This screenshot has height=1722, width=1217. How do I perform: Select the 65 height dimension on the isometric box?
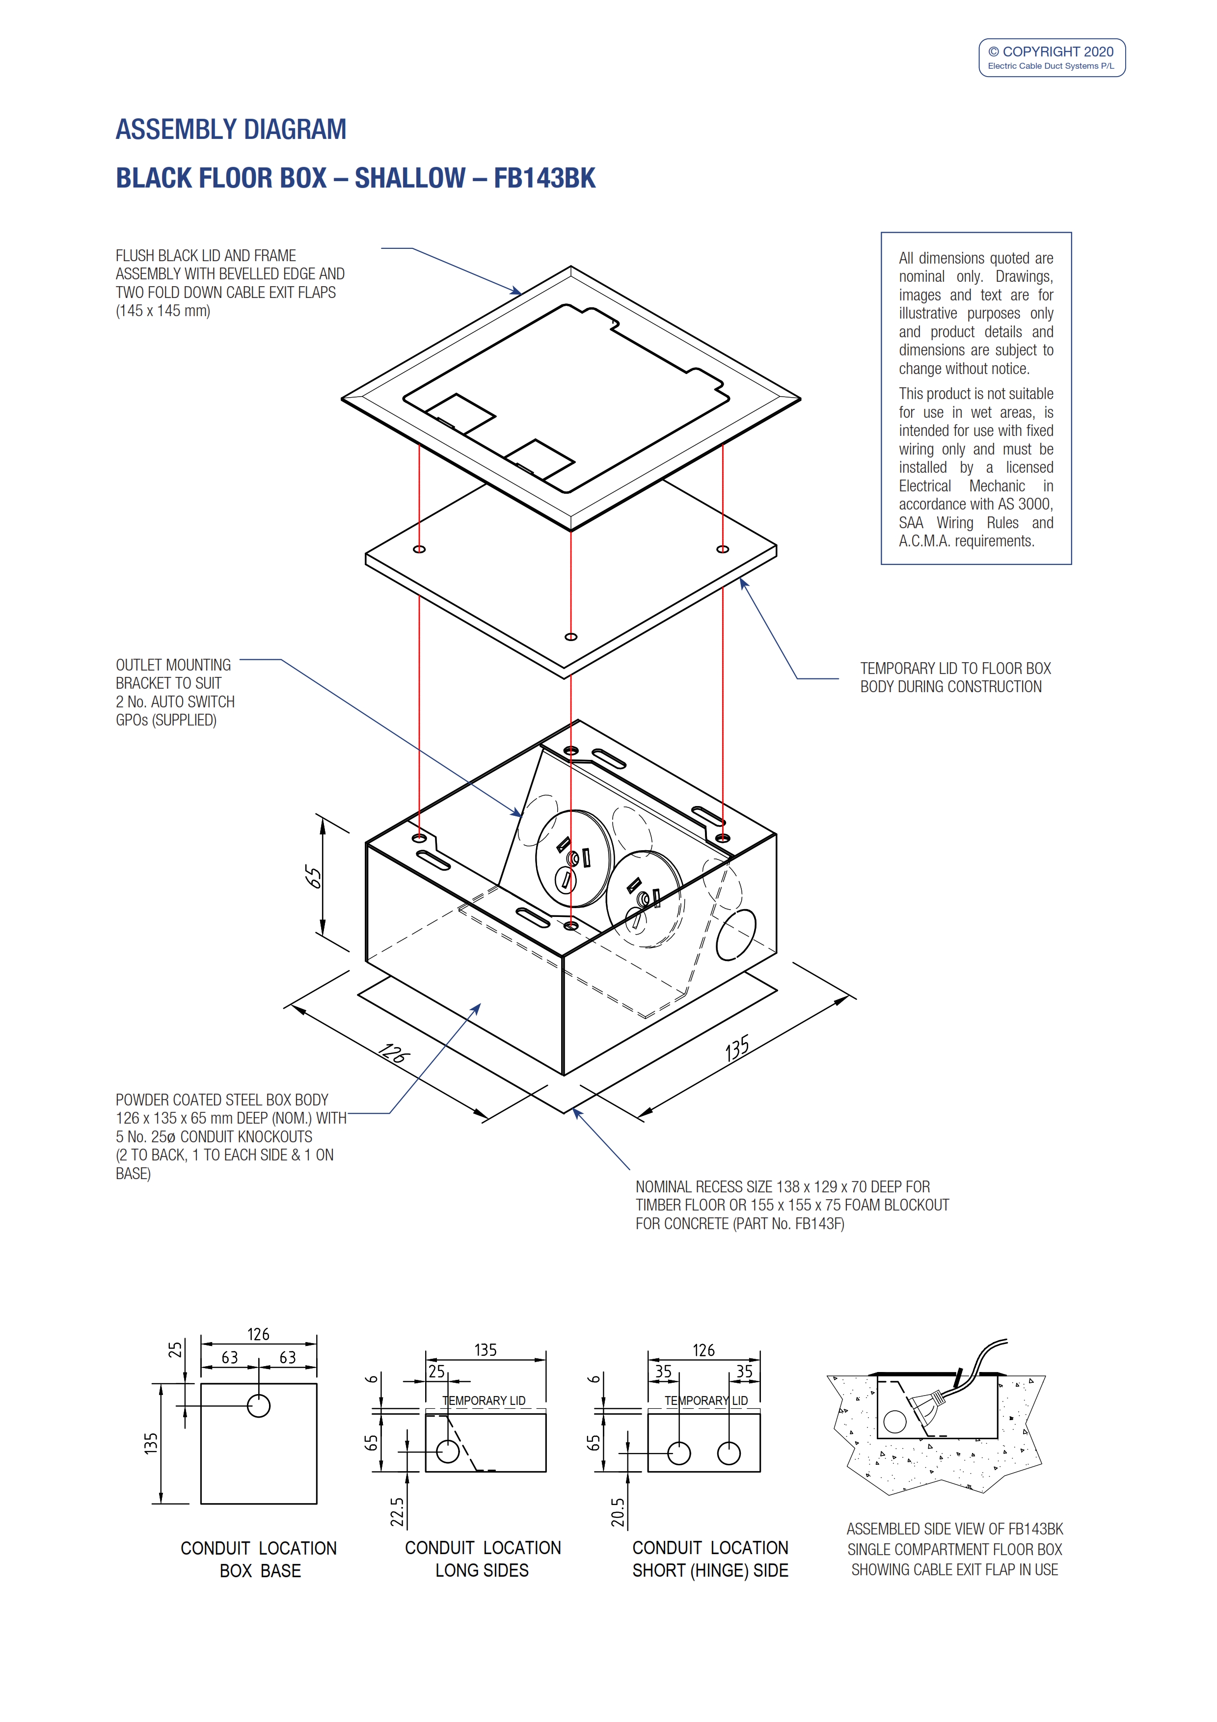313,876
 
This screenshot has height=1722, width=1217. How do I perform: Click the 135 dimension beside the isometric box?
737,1049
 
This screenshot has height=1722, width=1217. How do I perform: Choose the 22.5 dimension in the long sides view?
397,1512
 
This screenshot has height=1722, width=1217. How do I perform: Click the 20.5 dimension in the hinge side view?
617,1512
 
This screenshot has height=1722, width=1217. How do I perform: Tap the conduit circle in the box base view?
259,1405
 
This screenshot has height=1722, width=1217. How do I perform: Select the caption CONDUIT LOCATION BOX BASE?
259,1559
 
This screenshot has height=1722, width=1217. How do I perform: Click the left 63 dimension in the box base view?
229,1357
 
